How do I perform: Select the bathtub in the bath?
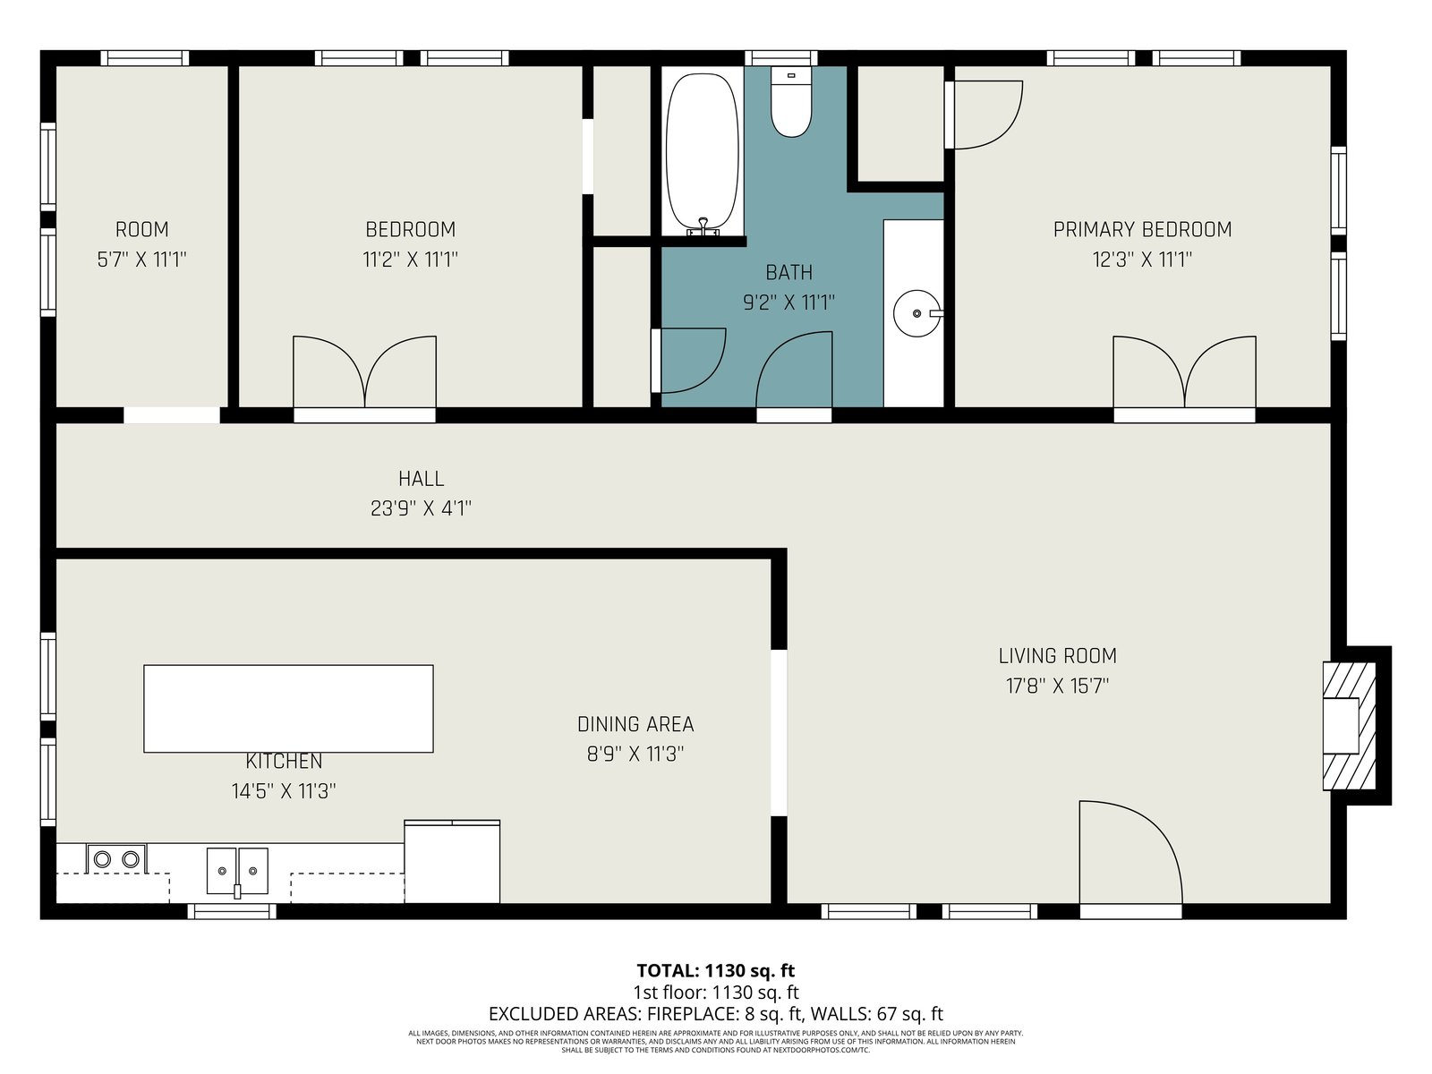tap(702, 154)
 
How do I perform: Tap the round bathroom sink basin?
tap(916, 313)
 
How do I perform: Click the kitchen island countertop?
tap(288, 709)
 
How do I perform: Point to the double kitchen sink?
tap(237, 871)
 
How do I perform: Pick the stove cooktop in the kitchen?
tap(116, 858)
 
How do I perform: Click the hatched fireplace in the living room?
tap(1349, 726)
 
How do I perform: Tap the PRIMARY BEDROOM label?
tap(1142, 229)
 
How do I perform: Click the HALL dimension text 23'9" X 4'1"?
tap(421, 508)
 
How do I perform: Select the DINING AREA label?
tap(635, 724)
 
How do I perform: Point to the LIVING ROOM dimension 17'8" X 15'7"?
tap(1058, 686)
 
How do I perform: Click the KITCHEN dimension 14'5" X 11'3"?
tap(284, 791)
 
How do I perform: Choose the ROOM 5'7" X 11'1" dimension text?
tap(141, 260)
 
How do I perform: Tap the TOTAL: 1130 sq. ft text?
tap(716, 971)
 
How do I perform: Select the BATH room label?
tap(788, 273)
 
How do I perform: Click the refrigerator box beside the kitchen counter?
tap(452, 861)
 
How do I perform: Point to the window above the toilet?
tap(781, 58)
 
